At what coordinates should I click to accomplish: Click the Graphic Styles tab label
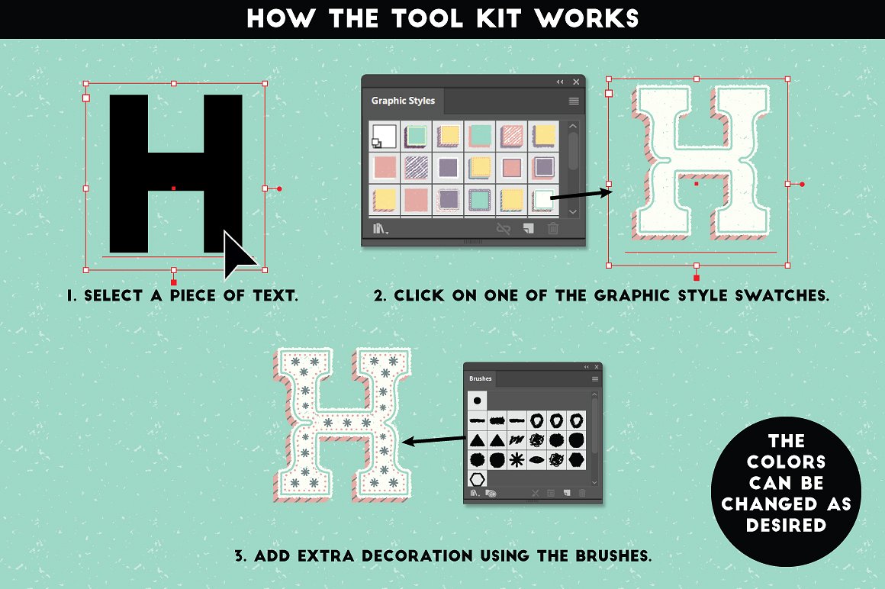[403, 101]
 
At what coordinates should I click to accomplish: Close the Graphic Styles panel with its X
[576, 82]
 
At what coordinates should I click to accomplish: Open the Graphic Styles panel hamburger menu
[574, 101]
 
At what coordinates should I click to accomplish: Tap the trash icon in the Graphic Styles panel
[553, 228]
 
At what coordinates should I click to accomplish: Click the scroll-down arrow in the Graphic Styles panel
[574, 211]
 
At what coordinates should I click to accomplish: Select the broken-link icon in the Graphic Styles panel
[503, 228]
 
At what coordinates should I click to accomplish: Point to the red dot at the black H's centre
[174, 188]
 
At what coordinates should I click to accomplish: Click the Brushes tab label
[481, 378]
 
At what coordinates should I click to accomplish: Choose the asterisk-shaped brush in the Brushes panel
[517, 459]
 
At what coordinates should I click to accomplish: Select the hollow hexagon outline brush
[477, 479]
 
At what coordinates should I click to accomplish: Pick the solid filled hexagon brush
[577, 459]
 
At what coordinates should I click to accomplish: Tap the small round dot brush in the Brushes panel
[478, 399]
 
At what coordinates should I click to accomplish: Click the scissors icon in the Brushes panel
[536, 494]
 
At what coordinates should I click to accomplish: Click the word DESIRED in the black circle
[786, 525]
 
